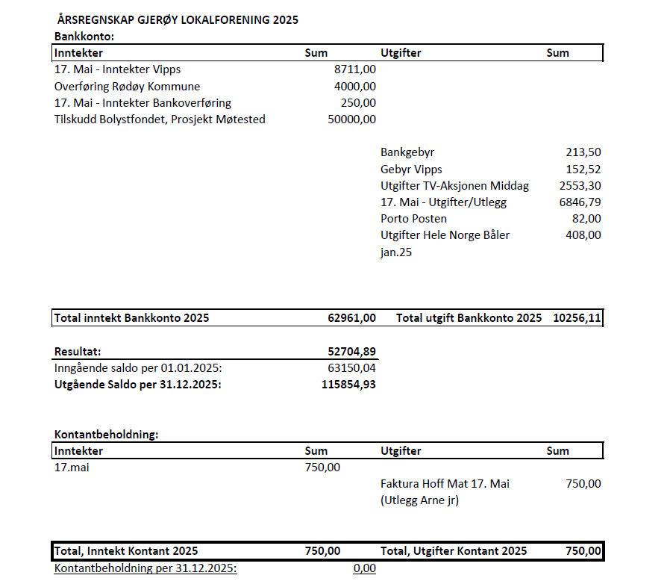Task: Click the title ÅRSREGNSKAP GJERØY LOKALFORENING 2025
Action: click(178, 20)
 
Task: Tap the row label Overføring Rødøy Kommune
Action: click(127, 86)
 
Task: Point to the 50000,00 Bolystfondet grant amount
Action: click(352, 119)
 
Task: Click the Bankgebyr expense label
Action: click(407, 152)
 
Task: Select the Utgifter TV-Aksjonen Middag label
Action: click(454, 186)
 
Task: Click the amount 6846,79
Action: click(580, 202)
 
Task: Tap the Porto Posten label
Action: click(413, 219)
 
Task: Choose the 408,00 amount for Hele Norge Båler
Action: click(583, 235)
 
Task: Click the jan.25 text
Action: click(396, 252)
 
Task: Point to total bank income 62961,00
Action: click(352, 318)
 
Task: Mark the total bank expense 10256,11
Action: click(577, 318)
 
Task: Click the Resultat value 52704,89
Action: click(352, 351)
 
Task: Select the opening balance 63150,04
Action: click(352, 367)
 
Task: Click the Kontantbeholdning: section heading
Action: click(107, 434)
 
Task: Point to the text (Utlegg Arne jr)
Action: click(419, 500)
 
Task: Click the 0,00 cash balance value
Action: click(364, 568)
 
